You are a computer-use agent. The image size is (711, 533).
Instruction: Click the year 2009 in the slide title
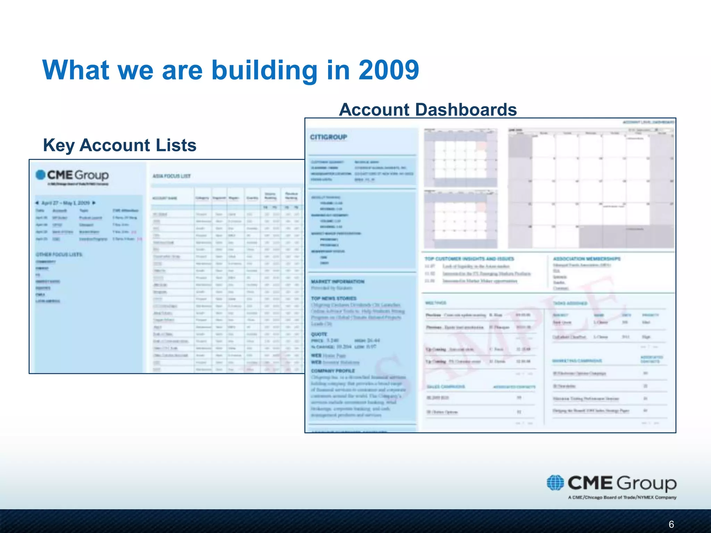[388, 70]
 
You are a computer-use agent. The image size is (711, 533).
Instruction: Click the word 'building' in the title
[265, 70]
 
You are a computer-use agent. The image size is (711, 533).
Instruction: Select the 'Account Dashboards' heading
[428, 110]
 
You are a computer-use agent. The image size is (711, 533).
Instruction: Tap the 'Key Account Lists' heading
[119, 145]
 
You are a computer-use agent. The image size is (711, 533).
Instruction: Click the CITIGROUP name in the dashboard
[328, 137]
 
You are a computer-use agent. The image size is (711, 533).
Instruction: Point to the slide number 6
[671, 524]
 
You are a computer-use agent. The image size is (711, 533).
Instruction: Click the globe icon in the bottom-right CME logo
[555, 483]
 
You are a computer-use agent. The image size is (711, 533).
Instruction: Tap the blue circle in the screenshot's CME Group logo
[41, 175]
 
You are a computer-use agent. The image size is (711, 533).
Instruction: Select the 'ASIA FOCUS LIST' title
[172, 176]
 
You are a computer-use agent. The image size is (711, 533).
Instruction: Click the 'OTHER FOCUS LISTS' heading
[59, 254]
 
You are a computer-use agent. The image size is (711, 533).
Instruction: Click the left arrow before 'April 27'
[37, 203]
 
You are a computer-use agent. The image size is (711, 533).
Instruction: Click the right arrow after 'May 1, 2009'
[94, 203]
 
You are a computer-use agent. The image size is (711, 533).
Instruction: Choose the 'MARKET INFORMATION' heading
[337, 281]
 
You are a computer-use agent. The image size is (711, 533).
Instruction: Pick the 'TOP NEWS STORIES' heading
[334, 298]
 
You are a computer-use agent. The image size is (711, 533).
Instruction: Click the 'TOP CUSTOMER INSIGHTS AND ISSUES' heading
[469, 259]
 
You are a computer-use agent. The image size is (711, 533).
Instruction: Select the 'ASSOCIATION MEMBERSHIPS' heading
[586, 259]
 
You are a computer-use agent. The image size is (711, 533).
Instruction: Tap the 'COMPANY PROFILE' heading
[333, 371]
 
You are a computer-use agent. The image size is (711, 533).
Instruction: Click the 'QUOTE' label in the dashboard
[319, 334]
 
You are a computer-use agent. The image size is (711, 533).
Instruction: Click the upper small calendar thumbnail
[460, 158]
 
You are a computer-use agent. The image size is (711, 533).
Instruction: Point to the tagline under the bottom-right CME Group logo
[622, 497]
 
